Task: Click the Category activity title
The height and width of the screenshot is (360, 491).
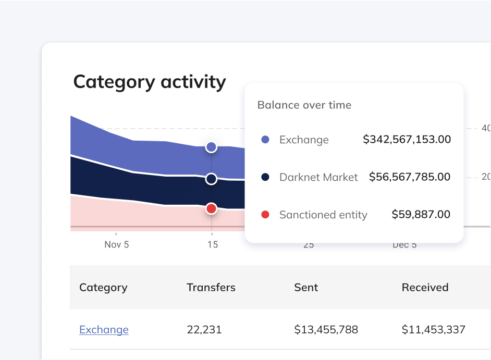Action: pyautogui.click(x=150, y=82)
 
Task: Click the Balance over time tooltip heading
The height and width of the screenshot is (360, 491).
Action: pyautogui.click(x=304, y=105)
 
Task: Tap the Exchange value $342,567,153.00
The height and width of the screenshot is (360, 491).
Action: pyautogui.click(x=407, y=140)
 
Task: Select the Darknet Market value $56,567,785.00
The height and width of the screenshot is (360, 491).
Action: pyautogui.click(x=410, y=177)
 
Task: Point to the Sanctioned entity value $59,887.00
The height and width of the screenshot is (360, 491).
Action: pyautogui.click(x=421, y=215)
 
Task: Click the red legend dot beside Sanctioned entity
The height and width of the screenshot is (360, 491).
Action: pyautogui.click(x=265, y=215)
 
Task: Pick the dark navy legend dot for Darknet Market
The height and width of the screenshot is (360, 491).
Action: pyautogui.click(x=265, y=177)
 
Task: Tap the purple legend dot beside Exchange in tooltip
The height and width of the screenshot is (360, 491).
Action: pyautogui.click(x=265, y=140)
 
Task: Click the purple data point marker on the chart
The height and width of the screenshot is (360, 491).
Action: pyautogui.click(x=211, y=147)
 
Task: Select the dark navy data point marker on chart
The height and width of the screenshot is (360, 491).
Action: pyautogui.click(x=211, y=179)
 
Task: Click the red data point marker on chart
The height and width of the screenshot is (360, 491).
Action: pyautogui.click(x=211, y=209)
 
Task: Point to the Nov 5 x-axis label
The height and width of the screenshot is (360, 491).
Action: pyautogui.click(x=117, y=245)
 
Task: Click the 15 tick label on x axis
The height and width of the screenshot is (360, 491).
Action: pyautogui.click(x=212, y=245)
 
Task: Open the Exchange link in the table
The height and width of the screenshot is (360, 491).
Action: pyautogui.click(x=104, y=330)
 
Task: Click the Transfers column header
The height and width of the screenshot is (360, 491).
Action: pyautogui.click(x=211, y=288)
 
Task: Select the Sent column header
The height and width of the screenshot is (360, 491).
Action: pyautogui.click(x=306, y=288)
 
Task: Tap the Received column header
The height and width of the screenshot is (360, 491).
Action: pyautogui.click(x=425, y=288)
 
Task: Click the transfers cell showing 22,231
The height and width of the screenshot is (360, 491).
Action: pyautogui.click(x=204, y=330)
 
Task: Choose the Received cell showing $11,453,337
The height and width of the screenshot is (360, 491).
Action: pyautogui.click(x=433, y=330)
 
